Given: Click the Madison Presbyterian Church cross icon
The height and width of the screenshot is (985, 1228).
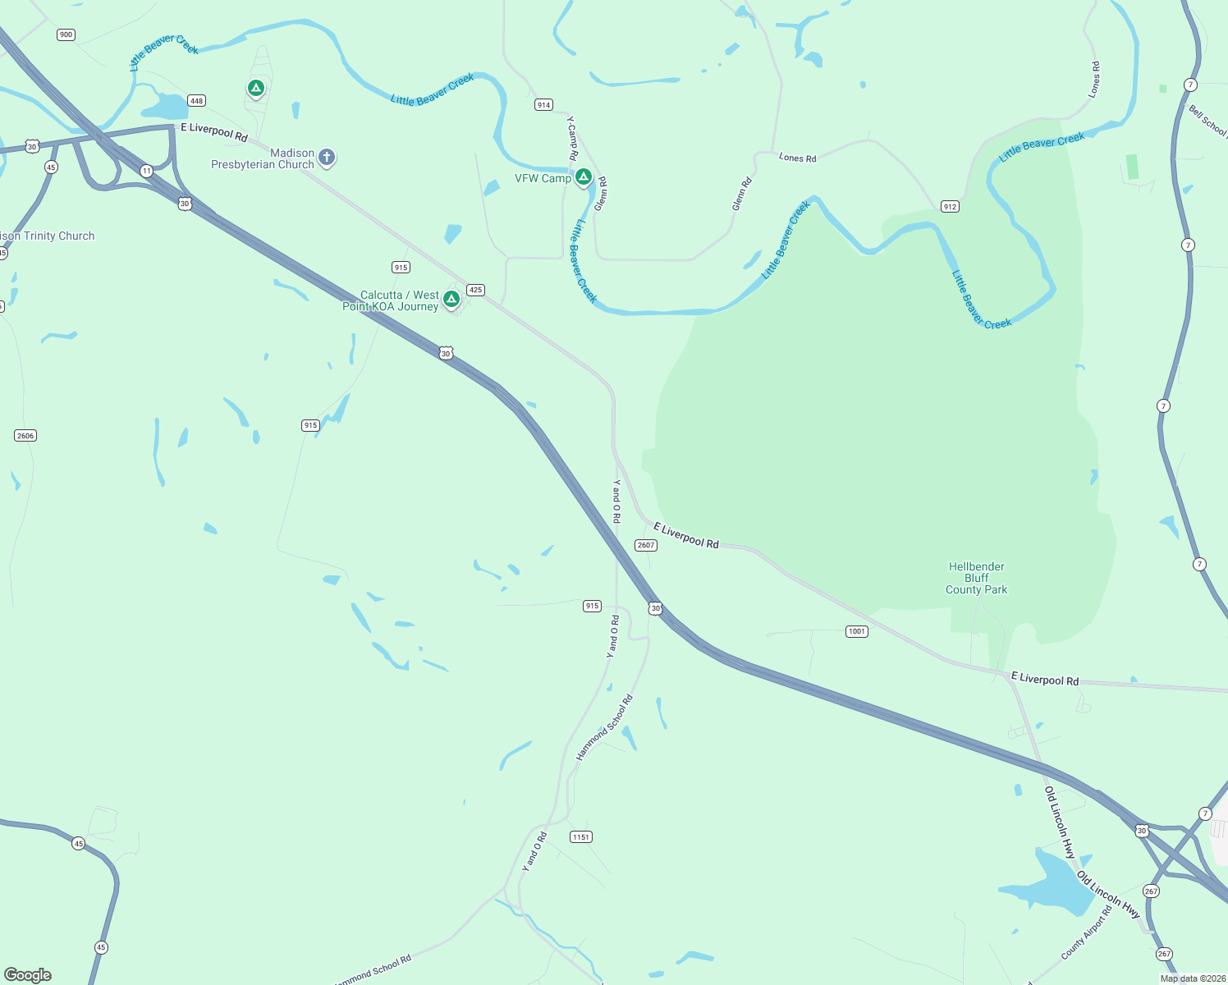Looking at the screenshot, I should coord(327,157).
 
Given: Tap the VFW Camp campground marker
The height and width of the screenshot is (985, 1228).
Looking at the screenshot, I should coord(584,176).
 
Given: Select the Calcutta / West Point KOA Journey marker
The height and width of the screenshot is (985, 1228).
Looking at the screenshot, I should coord(451,299).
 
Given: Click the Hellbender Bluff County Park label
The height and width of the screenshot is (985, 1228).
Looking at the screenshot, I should coord(976,578).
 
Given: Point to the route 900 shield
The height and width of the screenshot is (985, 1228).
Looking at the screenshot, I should coord(66,34).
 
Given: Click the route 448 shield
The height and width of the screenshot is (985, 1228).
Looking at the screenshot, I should coord(196,101).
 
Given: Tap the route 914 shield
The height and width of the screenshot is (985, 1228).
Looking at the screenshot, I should coord(543,105).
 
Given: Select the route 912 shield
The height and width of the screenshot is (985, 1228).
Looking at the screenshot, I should coord(950,207).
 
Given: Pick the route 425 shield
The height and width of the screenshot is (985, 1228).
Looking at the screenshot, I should coord(475,290).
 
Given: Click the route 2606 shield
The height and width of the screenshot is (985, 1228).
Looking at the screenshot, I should coord(25,436).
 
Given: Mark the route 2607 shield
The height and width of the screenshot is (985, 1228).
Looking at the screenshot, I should coord(646,545).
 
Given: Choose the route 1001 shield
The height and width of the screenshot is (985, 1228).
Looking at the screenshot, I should coord(857,631).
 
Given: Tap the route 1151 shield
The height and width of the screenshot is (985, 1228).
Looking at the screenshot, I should coord(581,837).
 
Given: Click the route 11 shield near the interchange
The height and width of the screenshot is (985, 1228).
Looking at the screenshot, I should coord(146,171).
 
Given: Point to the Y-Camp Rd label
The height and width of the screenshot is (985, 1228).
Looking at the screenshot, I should coord(571,138).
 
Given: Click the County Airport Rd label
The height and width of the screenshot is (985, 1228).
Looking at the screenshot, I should coord(1086,932).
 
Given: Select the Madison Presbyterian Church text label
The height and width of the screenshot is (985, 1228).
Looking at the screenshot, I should coord(263,159).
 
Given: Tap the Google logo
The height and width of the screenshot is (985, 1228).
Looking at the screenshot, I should coord(28,975).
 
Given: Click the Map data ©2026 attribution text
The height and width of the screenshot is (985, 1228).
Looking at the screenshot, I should coord(1193,978).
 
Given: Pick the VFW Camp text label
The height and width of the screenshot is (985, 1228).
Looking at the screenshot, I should coord(543,178).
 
